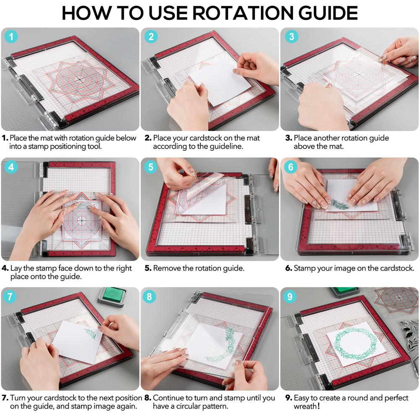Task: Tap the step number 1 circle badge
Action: point(11,37)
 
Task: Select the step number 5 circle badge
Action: point(151,167)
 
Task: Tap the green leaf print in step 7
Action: point(90,333)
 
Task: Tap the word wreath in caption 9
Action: point(305,407)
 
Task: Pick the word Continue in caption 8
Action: point(169,398)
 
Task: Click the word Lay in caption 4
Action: point(16,268)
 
